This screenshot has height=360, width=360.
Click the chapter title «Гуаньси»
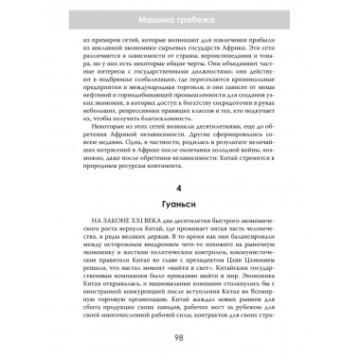pyautogui.click(x=179, y=205)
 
